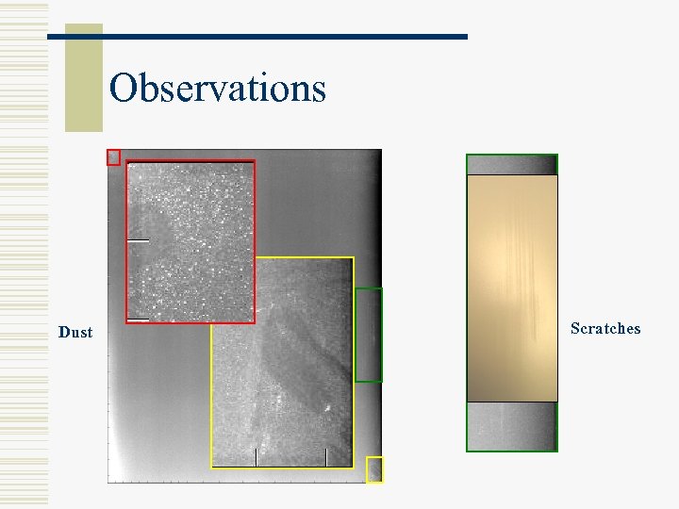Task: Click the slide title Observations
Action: (218, 89)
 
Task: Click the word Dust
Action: (75, 332)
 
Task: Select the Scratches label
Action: (605, 328)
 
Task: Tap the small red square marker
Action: (113, 157)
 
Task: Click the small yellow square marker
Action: (374, 469)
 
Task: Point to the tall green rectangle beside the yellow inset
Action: (368, 335)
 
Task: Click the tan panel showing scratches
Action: (512, 287)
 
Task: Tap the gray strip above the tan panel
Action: (512, 165)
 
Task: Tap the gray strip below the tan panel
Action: (512, 426)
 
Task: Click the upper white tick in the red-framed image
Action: (139, 240)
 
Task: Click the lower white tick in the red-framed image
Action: (139, 320)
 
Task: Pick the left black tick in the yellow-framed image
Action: (256, 457)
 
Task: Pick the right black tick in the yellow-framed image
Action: (325, 457)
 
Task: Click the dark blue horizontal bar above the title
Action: (257, 36)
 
